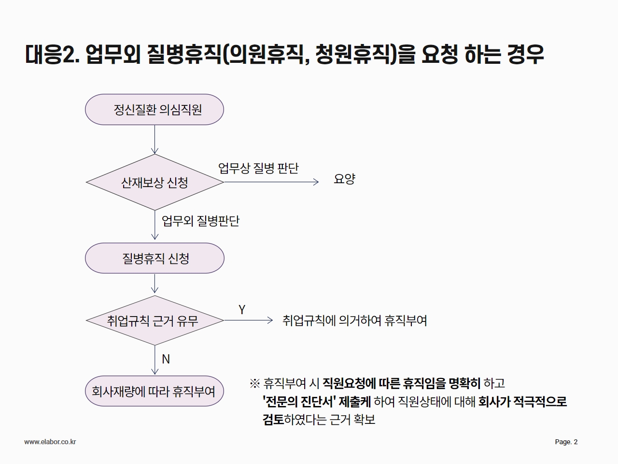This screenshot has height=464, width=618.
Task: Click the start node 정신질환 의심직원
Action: point(154,109)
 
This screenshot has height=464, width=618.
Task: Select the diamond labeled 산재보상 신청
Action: point(154,182)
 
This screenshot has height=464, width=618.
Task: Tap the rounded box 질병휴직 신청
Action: point(154,258)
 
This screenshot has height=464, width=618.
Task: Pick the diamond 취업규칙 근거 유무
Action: point(154,320)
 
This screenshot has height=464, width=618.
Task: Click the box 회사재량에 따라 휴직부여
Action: point(154,391)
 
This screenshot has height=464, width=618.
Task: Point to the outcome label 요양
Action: point(344,179)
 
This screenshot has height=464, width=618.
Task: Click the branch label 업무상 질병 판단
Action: point(258,168)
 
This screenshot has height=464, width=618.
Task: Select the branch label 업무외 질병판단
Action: point(200,221)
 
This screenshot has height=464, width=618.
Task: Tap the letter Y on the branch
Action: point(242,310)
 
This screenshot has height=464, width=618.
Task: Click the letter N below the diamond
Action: point(166,359)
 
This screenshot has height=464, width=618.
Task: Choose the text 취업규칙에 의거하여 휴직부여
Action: point(354,320)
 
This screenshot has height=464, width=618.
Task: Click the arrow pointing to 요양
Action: point(271,182)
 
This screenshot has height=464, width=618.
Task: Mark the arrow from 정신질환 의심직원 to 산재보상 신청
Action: point(154,140)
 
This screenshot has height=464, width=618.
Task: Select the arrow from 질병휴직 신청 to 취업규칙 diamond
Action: point(154,283)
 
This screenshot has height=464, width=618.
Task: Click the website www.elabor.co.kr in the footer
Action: point(50,442)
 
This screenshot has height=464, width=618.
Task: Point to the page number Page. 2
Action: point(566,442)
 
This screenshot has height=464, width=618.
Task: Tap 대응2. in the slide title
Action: point(52,54)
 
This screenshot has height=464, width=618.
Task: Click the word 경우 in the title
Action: point(526,54)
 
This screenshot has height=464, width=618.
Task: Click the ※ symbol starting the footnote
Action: point(255,383)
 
